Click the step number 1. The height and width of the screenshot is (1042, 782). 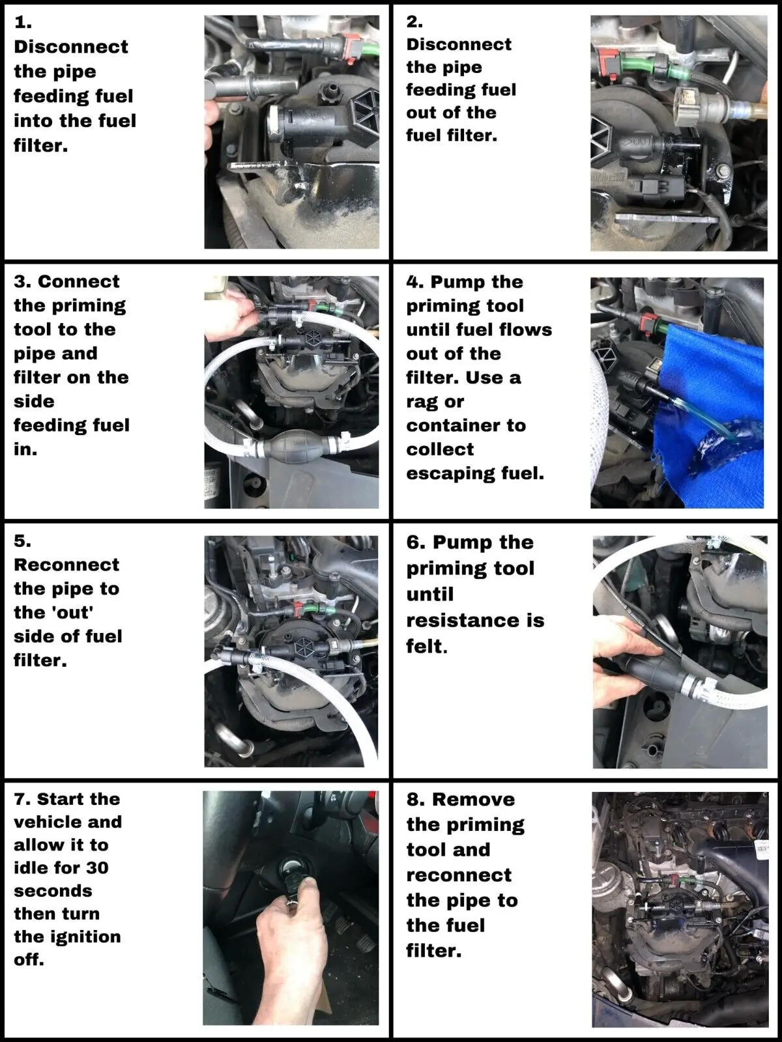[23, 22]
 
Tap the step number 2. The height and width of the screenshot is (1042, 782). [414, 22]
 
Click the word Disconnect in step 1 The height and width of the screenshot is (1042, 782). [71, 46]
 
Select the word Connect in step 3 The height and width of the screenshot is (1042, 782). [78, 281]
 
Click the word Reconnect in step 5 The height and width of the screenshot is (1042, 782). [66, 565]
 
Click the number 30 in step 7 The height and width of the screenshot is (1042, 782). [97, 867]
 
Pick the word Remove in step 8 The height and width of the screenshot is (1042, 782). [473, 800]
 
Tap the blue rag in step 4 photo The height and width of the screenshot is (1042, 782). [708, 408]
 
